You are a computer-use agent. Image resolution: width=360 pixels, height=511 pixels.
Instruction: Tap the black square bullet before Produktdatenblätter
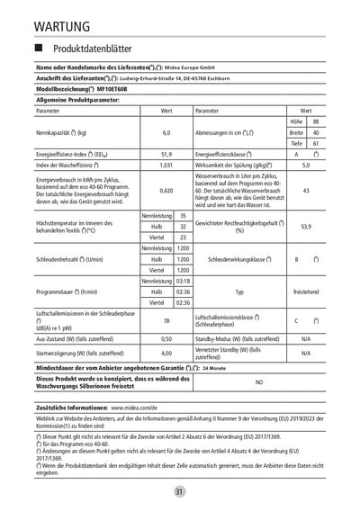pos(40,46)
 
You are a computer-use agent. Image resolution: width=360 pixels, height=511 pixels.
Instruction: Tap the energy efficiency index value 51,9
pos(166,154)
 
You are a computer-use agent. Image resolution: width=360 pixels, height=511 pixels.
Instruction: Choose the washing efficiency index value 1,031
pos(166,166)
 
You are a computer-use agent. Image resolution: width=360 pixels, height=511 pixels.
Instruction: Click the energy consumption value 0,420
pos(166,191)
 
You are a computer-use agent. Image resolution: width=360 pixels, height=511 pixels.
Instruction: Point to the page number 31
pos(180,490)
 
